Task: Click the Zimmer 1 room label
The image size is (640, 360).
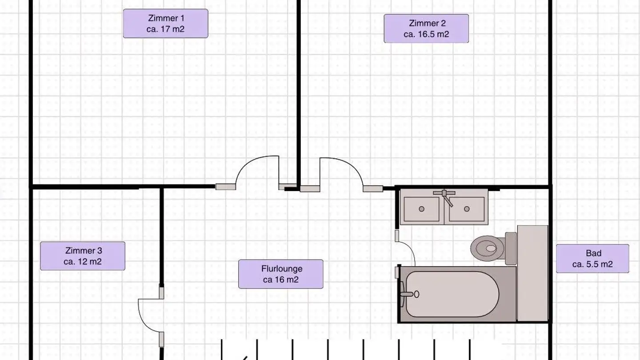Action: (x=165, y=24)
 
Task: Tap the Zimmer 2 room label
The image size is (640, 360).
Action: (x=426, y=28)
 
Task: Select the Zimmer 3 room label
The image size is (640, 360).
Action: (x=83, y=256)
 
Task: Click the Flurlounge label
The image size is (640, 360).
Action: (x=281, y=274)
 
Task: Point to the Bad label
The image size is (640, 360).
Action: (x=592, y=259)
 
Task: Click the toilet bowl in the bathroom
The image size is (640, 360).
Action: (x=488, y=248)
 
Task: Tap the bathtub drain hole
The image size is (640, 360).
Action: (x=416, y=294)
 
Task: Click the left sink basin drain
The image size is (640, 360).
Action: (x=421, y=209)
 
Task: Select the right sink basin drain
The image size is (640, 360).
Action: (x=467, y=209)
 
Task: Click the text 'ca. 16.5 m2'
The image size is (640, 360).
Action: (x=426, y=34)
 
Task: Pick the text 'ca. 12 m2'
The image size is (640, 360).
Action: (x=83, y=262)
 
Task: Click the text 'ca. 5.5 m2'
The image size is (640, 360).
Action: (x=592, y=264)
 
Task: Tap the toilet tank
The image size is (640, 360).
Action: (x=511, y=248)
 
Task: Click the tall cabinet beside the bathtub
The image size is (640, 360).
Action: (x=532, y=273)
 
